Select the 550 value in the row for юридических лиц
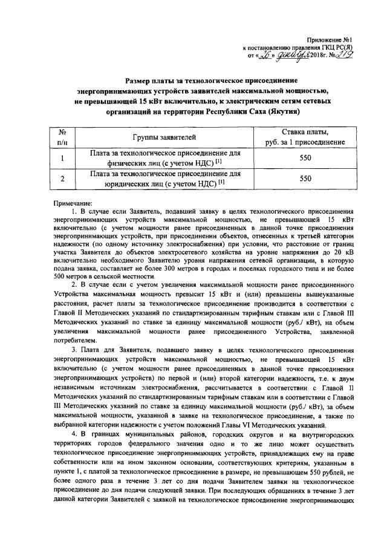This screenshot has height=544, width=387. (x=305, y=179)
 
